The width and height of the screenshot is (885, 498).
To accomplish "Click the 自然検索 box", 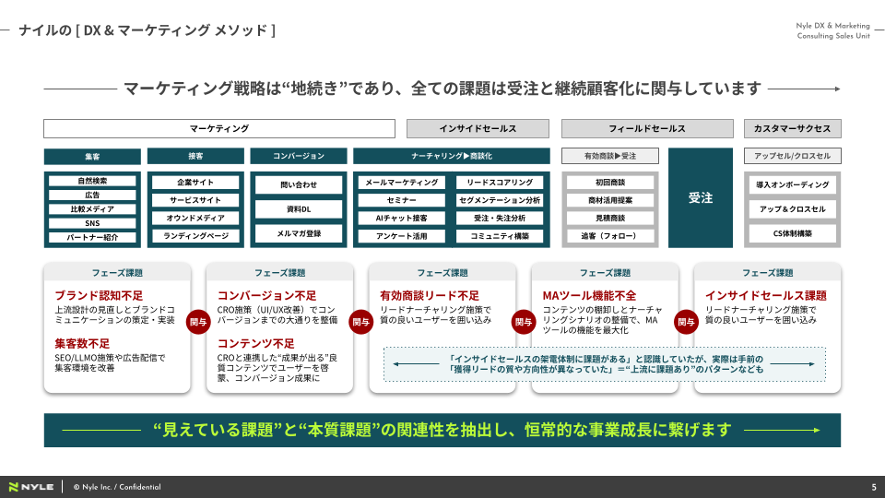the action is (x=92, y=182).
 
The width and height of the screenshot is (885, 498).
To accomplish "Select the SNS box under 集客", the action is (x=92, y=223).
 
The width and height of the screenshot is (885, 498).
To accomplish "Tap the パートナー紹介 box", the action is (x=92, y=237).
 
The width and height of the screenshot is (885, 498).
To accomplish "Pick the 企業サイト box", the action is (x=195, y=183).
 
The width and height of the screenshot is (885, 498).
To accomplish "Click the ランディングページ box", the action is (x=195, y=236).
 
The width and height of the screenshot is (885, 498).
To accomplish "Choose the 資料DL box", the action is (x=299, y=209).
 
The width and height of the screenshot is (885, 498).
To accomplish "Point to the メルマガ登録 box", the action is (x=299, y=233).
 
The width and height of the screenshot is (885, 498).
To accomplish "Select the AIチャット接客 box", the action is (x=401, y=218).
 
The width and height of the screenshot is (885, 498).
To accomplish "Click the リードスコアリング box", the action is (x=500, y=183).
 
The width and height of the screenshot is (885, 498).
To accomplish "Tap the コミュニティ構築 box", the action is (x=500, y=236).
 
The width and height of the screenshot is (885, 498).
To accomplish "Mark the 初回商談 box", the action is (x=610, y=183).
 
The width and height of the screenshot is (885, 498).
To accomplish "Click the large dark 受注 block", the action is (x=701, y=197).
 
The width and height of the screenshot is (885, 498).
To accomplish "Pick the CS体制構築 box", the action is (x=793, y=233).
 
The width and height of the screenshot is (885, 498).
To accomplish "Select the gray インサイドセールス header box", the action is (x=478, y=129).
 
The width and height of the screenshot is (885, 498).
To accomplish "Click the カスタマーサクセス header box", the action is (x=793, y=129).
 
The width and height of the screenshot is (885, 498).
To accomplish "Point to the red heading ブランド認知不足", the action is (x=99, y=295).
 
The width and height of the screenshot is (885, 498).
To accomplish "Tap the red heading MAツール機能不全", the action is (x=589, y=295).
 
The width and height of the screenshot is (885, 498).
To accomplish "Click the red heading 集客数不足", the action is (x=82, y=343).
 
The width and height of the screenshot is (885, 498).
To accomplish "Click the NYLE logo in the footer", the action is (x=31, y=487).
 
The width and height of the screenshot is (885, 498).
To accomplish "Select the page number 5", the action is (x=874, y=487).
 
